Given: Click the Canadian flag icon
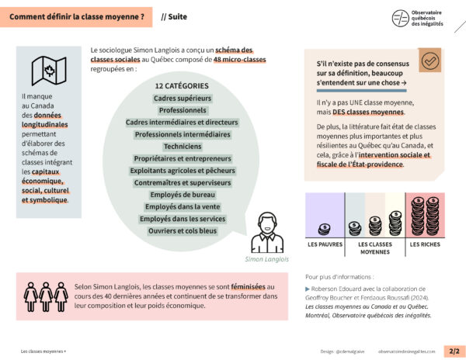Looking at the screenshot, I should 48,71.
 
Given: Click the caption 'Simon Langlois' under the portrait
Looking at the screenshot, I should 266,259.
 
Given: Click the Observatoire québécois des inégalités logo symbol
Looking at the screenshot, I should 401,19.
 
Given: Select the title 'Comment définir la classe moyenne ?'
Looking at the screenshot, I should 77,16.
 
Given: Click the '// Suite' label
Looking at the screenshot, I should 174,16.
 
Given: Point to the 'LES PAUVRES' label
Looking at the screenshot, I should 325,245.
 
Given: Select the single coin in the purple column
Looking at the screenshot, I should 325,229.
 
